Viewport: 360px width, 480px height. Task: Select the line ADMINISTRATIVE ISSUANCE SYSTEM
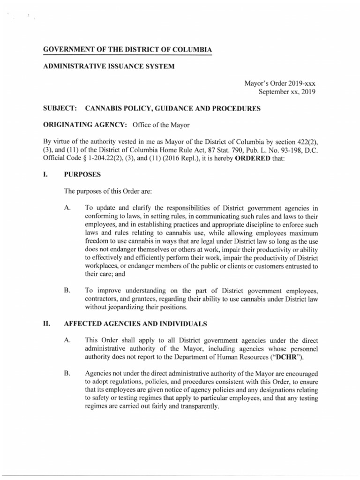[109, 67]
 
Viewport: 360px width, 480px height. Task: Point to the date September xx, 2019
[285, 92]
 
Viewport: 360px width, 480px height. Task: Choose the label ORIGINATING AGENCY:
[86, 125]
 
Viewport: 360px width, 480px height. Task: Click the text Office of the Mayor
[162, 125]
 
